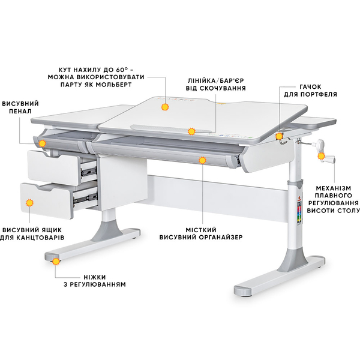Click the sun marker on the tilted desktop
point(164,107)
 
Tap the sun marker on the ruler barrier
point(191,131)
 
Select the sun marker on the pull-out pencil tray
point(42,143)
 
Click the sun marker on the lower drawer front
point(29,203)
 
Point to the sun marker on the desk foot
point(56,261)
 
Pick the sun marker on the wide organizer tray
point(202,160)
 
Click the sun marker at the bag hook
point(279,136)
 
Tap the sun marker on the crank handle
point(321,157)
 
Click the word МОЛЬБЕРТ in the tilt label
point(113,85)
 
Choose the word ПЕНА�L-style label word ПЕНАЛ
point(20,112)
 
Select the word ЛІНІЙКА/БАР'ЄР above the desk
point(216,81)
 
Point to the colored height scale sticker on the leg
point(299,214)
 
